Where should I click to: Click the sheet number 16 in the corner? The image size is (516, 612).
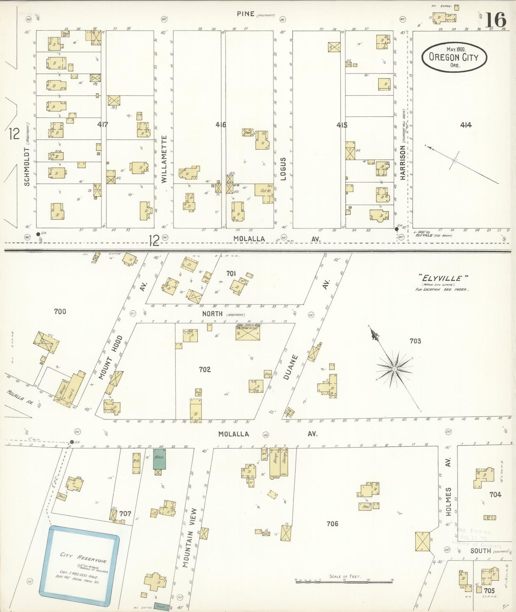click(496, 20)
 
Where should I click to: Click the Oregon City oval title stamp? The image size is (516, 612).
click(454, 57)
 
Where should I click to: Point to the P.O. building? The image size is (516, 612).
click(136, 463)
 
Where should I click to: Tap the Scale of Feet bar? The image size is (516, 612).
click(344, 582)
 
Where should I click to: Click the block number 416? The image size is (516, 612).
click(221, 125)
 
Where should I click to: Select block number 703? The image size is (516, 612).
click(415, 341)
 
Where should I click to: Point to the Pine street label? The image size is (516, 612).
click(246, 14)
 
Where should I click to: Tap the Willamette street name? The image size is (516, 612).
click(164, 159)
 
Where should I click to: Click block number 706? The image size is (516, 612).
click(332, 523)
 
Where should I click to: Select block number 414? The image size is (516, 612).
click(466, 125)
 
